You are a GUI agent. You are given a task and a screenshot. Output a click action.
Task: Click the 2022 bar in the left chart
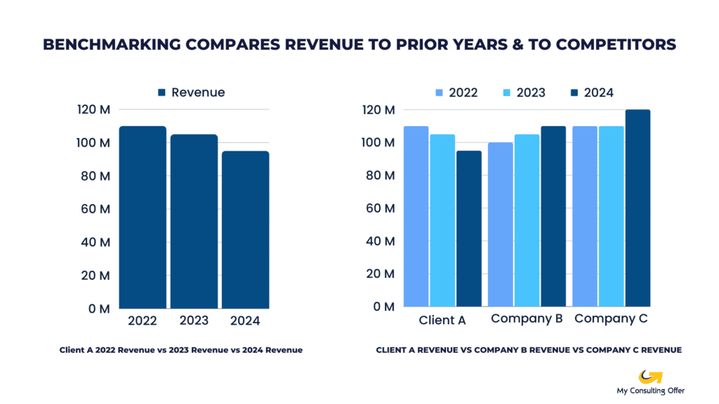pos(143,217)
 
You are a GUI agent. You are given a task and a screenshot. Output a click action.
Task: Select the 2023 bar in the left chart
pos(194,221)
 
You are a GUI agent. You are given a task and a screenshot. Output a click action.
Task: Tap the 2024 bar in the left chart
pos(245,229)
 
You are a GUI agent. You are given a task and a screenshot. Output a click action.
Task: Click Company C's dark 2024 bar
pos(638,208)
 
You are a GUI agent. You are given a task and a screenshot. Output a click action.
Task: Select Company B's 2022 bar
pos(501,224)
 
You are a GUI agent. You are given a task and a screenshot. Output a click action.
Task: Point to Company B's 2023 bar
pos(527,221)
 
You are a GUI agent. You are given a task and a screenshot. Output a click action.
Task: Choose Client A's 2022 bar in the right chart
pos(416,217)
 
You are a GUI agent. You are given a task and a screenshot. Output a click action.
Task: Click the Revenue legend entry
pos(191,93)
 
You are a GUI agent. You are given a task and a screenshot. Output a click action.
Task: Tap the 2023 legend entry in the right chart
pos(523,93)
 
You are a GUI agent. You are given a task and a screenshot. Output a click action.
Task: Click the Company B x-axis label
pos(527,319)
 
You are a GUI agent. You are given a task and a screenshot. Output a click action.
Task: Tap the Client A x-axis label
pos(442,321)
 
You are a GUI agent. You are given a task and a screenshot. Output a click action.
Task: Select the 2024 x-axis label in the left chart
pos(244,321)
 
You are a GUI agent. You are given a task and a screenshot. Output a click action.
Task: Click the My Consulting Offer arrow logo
pos(651,377)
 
